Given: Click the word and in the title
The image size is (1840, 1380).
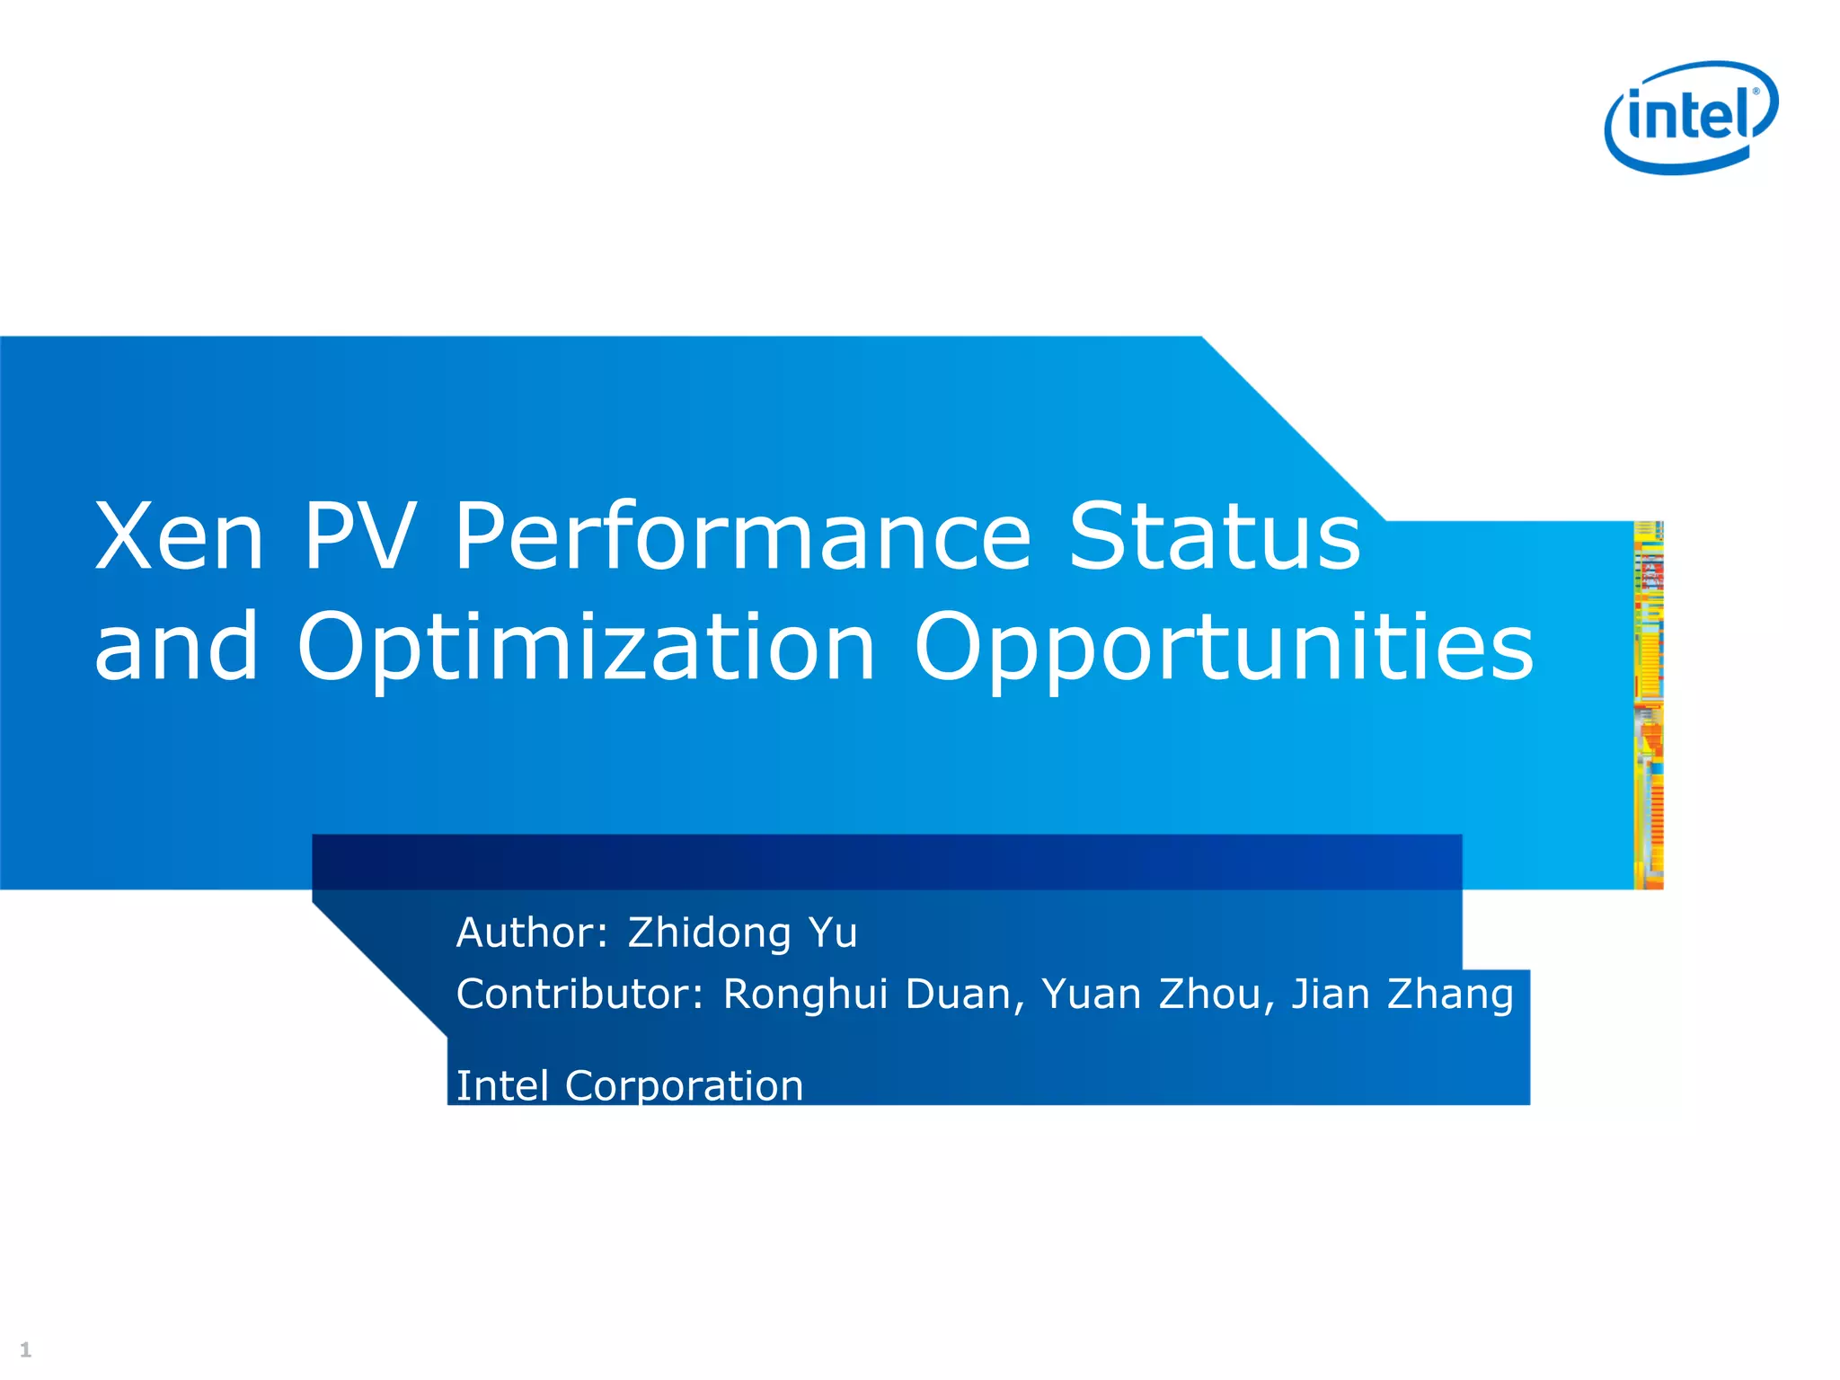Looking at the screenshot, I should point(177,647).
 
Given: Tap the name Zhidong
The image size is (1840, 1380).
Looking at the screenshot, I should point(709,933).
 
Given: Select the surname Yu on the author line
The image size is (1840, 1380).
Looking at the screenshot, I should point(833,933).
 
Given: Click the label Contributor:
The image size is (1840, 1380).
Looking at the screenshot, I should point(579,995).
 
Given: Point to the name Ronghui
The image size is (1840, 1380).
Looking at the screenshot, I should point(806,995).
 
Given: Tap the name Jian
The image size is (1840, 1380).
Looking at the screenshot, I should point(1331,995).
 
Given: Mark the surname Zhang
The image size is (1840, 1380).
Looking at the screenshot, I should point(1450,995).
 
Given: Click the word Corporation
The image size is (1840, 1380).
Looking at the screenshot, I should point(684,1085).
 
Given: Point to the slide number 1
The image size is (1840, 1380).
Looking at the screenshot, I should point(25,1349).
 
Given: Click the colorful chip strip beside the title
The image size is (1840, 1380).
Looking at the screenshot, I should point(1648,705).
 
